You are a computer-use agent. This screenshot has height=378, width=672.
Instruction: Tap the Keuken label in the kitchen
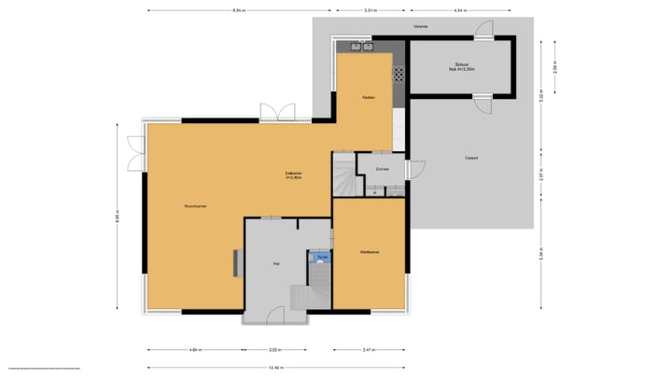[369, 97]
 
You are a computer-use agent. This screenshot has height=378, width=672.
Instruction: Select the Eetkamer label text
[292, 175]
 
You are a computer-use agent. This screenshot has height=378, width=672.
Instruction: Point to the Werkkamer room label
[370, 252]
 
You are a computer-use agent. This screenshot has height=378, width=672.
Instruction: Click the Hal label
[276, 264]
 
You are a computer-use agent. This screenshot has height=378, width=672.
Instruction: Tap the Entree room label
[382, 169]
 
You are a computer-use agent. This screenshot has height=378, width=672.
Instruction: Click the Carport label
[471, 158]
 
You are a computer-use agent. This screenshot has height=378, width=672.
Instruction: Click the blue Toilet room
[321, 256]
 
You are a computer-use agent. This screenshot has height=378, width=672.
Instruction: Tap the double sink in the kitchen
[361, 46]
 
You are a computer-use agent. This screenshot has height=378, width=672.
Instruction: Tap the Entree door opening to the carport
[415, 170]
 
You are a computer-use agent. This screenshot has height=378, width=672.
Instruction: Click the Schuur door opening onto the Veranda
[483, 31]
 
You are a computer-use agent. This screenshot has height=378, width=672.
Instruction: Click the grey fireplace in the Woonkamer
[235, 264]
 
